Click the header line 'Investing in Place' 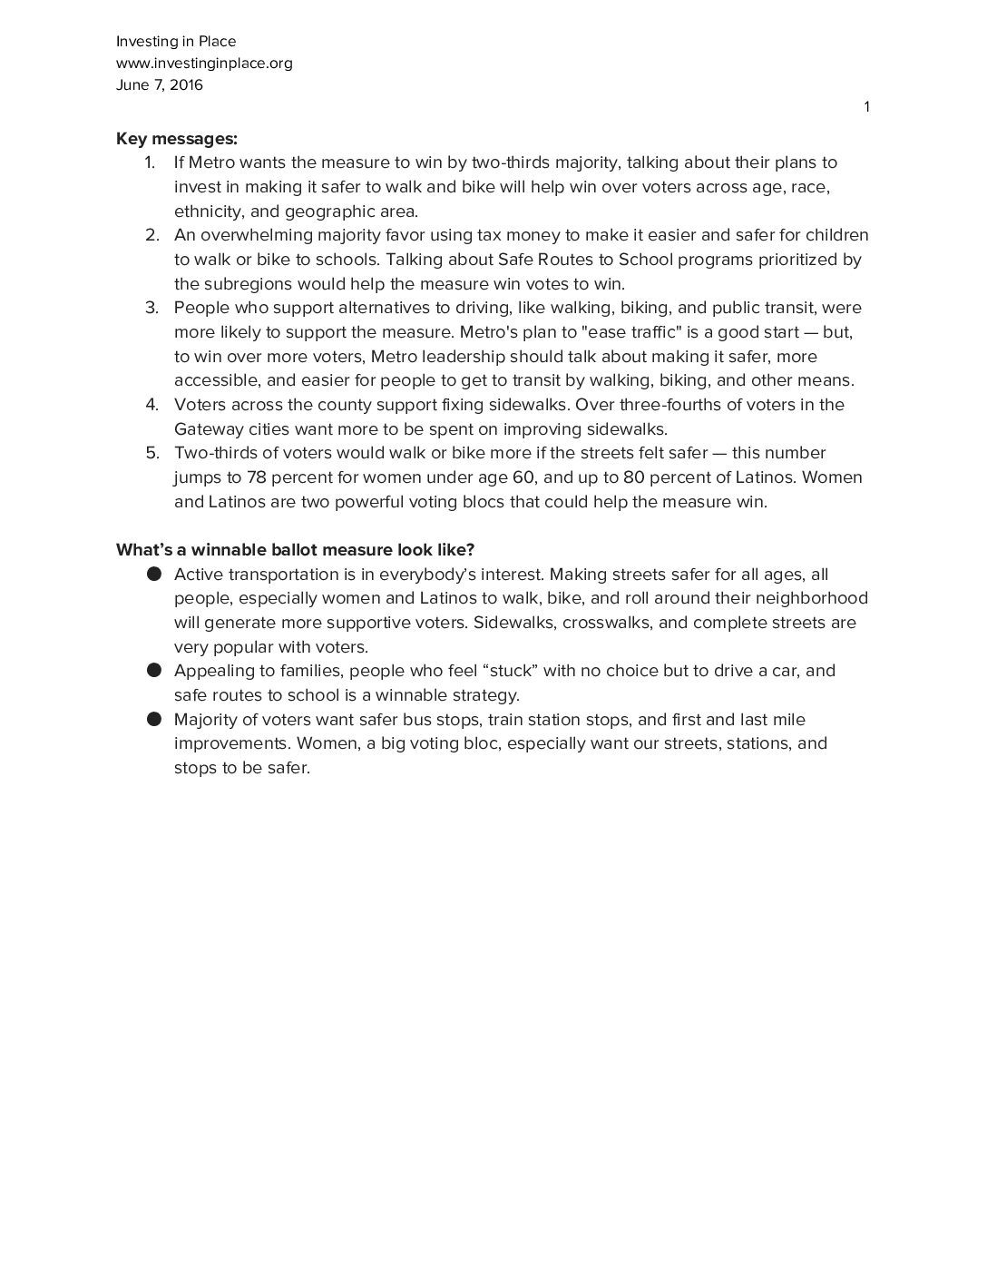(176, 41)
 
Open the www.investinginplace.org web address (204, 63)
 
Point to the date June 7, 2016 (160, 85)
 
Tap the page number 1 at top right (866, 107)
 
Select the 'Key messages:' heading (177, 139)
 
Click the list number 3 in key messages (151, 308)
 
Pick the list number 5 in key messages (151, 453)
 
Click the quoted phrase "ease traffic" (631, 332)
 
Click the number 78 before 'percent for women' (256, 477)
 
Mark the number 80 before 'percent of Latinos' (634, 477)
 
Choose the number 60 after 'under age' (523, 477)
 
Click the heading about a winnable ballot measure (296, 550)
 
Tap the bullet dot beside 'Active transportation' (153, 574)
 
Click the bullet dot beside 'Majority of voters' (153, 719)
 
